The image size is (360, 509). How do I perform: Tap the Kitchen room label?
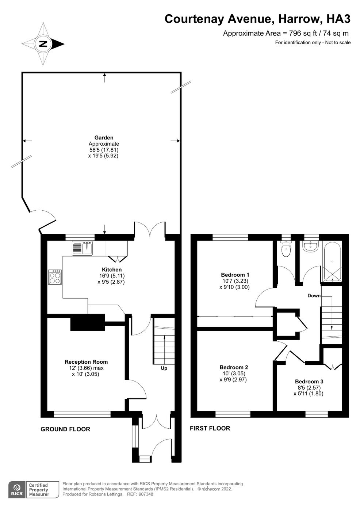pos(112,270)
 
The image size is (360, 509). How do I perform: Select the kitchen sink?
pos(83,248)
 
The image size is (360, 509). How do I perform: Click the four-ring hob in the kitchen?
pos(55,277)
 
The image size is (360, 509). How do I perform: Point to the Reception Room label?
pos(86,362)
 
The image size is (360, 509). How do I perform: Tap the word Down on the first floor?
pos(314,296)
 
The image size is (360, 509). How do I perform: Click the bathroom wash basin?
pos(311,246)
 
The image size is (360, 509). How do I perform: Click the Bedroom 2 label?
pos(234,367)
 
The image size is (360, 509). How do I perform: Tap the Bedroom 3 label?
pos(309,382)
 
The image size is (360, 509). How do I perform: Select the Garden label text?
pos(104,138)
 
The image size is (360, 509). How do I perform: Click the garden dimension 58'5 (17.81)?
pos(104,150)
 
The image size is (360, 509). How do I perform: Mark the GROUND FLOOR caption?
pos(65,429)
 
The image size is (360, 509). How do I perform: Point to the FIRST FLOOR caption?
pos(210,428)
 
